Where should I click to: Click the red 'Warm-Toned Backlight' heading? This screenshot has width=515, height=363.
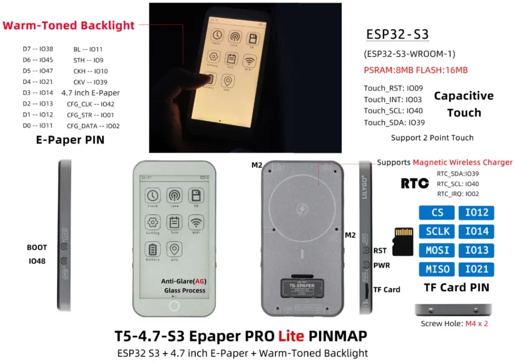69,25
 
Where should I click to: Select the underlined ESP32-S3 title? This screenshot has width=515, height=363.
397,35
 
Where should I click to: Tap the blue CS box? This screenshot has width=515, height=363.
437,212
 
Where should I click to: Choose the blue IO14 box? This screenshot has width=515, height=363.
476,231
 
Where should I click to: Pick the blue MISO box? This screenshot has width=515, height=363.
437,269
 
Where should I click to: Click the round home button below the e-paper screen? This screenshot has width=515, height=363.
175,306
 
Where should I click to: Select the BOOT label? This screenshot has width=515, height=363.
37,248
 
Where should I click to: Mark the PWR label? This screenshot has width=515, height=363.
381,265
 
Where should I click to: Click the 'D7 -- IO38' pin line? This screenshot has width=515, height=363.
38,49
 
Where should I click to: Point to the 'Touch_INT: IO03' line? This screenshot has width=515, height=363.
393,100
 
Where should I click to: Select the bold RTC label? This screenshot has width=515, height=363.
414,183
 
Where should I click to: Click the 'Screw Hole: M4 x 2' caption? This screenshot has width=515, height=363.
454,324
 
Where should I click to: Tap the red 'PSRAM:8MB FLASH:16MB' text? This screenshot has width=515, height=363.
415,70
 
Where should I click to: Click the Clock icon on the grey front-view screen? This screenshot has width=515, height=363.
152,195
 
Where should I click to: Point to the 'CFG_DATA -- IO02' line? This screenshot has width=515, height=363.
93,126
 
